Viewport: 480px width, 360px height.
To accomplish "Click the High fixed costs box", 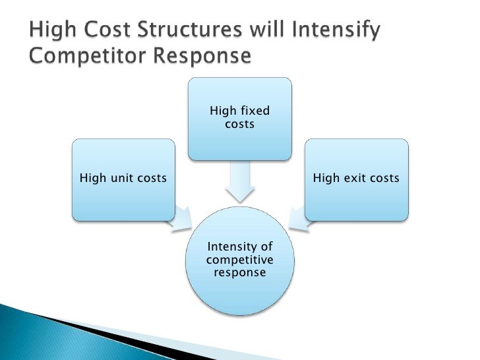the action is point(239,119).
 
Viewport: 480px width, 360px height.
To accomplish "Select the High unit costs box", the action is point(123,179).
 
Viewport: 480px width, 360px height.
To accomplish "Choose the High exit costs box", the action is point(356,179).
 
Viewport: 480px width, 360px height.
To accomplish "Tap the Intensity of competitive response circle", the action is point(239,259).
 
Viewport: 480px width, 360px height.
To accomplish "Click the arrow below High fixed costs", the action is point(239,183).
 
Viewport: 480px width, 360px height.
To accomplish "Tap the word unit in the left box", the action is point(120,178).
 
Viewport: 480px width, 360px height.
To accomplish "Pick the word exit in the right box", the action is point(353,178).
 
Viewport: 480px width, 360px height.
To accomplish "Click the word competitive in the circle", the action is point(239,259).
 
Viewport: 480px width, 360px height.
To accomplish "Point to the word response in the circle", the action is point(239,272).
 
